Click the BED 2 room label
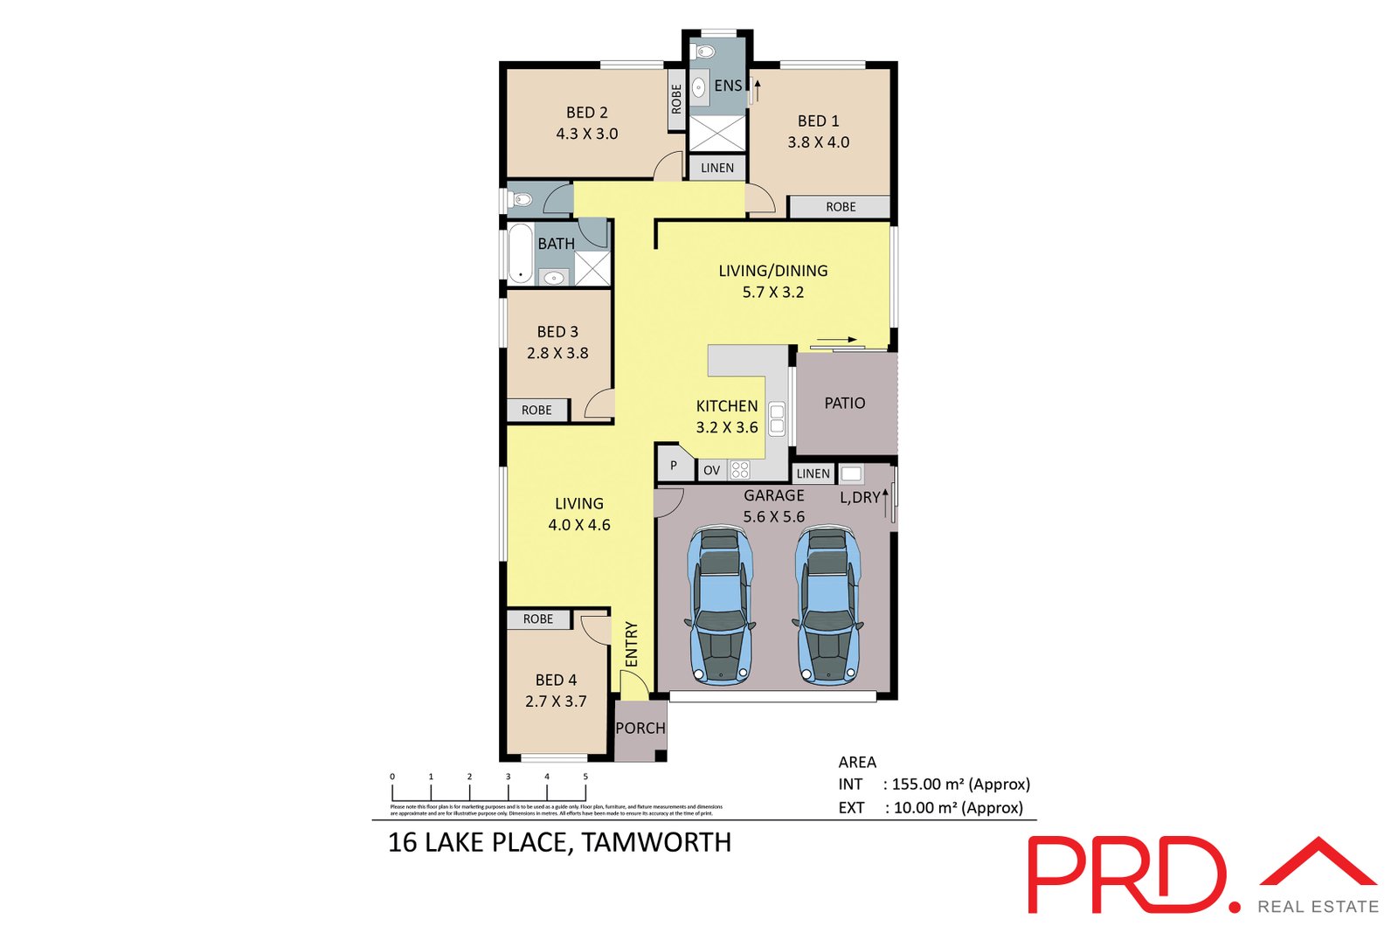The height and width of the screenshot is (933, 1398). (586, 113)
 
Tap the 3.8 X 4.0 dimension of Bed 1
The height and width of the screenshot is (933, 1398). (818, 142)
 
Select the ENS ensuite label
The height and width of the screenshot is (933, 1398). (727, 86)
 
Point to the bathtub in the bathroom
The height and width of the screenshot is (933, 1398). (521, 253)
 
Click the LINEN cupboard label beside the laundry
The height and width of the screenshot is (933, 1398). (813, 473)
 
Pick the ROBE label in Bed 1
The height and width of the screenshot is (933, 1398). (841, 207)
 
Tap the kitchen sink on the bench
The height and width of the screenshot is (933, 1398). (777, 418)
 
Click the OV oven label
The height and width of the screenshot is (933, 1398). (711, 470)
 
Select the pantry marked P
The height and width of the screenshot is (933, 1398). (673, 466)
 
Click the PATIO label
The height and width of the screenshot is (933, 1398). (844, 403)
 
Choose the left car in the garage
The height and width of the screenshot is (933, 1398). (720, 605)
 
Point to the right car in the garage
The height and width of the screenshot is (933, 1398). (827, 605)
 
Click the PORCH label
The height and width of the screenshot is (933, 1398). (640, 728)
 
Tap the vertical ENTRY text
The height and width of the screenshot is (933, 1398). (632, 644)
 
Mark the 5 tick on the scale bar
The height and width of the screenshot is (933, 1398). (585, 777)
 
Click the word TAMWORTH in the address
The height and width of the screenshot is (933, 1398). (656, 842)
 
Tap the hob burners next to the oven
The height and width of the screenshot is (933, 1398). (740, 470)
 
